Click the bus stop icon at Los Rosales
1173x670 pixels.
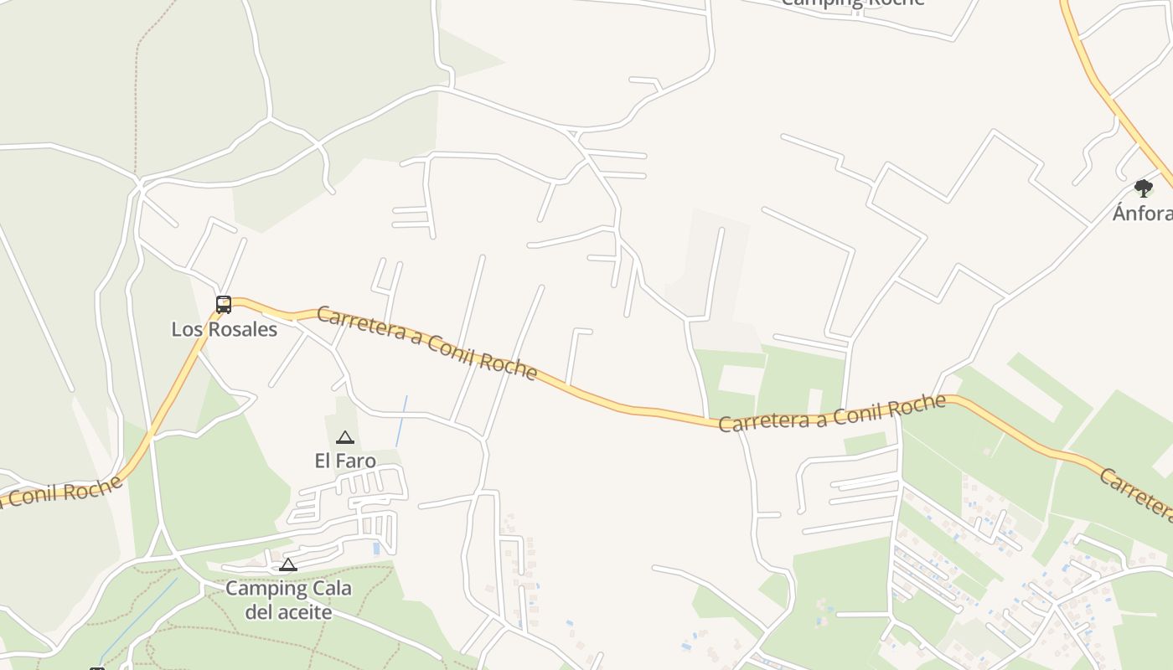point(224,305)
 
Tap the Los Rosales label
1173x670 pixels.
point(224,329)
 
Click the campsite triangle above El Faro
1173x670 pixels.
point(344,437)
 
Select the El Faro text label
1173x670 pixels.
point(344,461)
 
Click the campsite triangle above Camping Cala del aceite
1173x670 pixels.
point(288,564)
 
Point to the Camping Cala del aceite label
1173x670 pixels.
point(288,600)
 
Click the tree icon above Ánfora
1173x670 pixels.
point(1144,188)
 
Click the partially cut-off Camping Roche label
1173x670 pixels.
point(852,3)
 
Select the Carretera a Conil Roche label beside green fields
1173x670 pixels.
point(832,414)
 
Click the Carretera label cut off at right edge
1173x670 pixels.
point(1136,492)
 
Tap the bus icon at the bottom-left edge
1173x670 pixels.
point(97,667)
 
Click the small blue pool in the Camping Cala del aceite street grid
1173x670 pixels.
point(376,549)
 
